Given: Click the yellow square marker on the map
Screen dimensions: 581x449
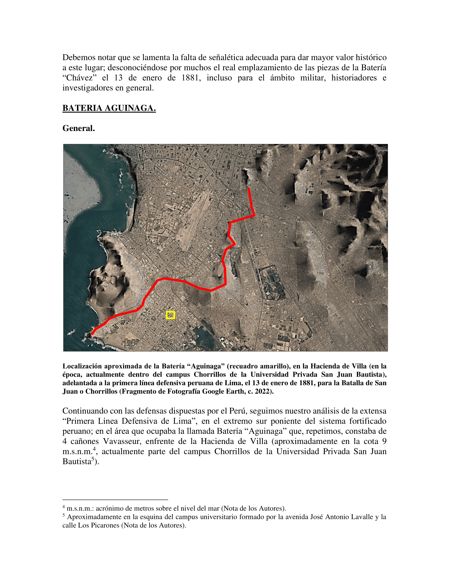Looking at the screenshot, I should coord(170,315).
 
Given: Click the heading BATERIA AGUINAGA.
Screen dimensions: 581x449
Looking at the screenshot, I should coord(109,108).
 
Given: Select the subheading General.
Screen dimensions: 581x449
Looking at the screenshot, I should coord(78,128).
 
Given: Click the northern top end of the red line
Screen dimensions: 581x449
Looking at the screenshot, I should coord(249,189).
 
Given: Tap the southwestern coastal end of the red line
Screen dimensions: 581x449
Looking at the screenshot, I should coord(92,334).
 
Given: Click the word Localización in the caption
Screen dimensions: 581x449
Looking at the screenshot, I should coord(82,366).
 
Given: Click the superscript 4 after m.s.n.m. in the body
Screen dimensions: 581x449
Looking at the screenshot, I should coord(94,449).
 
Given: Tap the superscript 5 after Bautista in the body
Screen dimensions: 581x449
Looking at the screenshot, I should coord(93,459).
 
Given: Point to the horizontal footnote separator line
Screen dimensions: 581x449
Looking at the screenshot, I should coord(115,500).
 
